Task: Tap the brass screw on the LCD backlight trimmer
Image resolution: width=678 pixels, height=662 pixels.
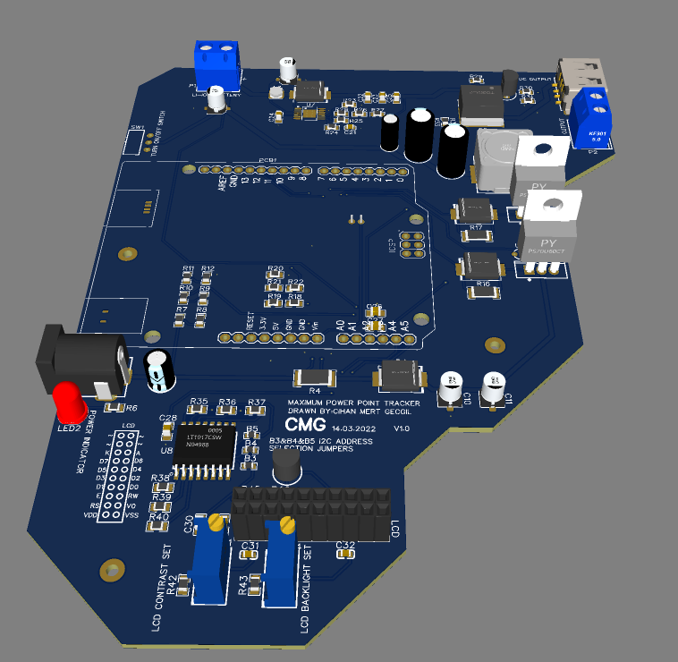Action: pyautogui.click(x=286, y=525)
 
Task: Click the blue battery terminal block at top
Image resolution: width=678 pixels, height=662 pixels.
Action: pyautogui.click(x=216, y=63)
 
